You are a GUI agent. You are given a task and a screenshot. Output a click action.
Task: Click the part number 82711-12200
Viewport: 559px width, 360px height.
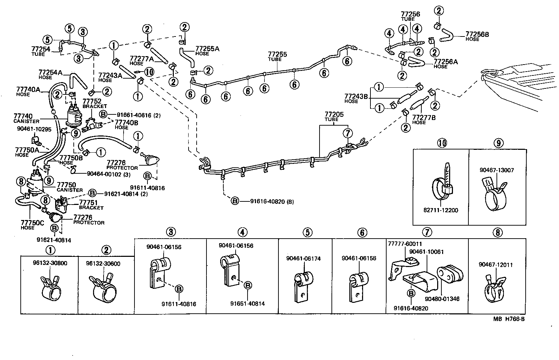441,211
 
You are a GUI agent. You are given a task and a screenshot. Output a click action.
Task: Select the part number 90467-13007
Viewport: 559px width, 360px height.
496,170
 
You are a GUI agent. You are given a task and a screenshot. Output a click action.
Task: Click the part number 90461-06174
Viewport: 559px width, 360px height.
303,259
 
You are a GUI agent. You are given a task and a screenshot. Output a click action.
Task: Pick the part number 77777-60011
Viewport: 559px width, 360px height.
405,244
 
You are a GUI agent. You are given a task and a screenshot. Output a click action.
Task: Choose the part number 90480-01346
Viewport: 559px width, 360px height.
442,299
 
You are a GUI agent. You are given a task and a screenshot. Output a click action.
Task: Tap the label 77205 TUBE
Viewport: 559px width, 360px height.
334,116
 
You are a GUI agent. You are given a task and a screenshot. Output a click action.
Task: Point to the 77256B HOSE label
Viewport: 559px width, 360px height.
477,36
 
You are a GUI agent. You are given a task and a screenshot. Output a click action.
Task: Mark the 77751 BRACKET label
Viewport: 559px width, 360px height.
91,205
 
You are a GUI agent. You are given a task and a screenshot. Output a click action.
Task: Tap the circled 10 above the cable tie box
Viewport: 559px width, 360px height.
441,143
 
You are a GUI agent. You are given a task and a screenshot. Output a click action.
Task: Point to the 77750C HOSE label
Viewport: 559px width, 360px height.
32,225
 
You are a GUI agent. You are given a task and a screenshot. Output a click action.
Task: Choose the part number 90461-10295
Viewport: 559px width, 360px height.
34,129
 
